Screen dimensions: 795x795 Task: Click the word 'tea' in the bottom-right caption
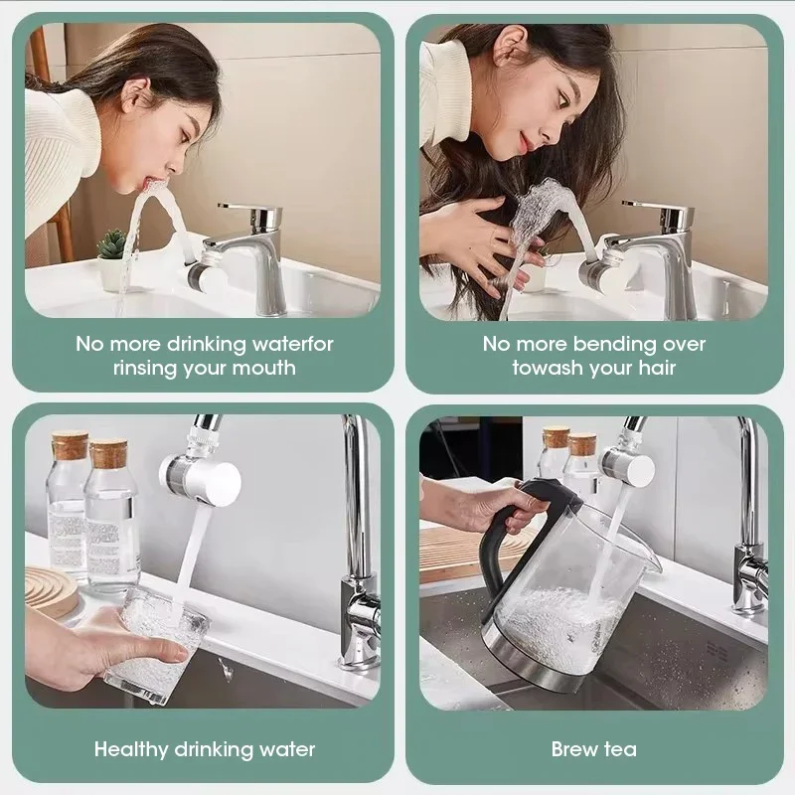(620, 749)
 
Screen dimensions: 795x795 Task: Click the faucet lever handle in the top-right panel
(656, 207)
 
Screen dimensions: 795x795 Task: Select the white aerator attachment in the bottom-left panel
(204, 477)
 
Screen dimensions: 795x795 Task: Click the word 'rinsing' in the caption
(150, 368)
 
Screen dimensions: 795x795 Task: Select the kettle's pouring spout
(647, 556)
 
